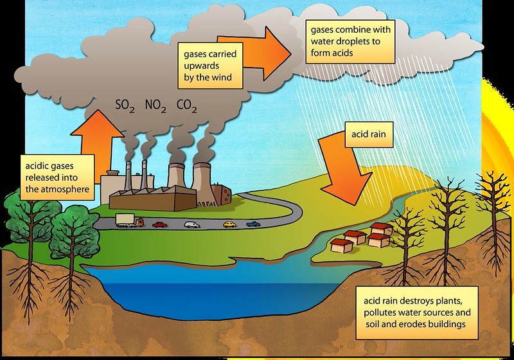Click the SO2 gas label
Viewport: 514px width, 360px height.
(125, 105)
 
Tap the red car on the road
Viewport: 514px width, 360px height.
(160, 224)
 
